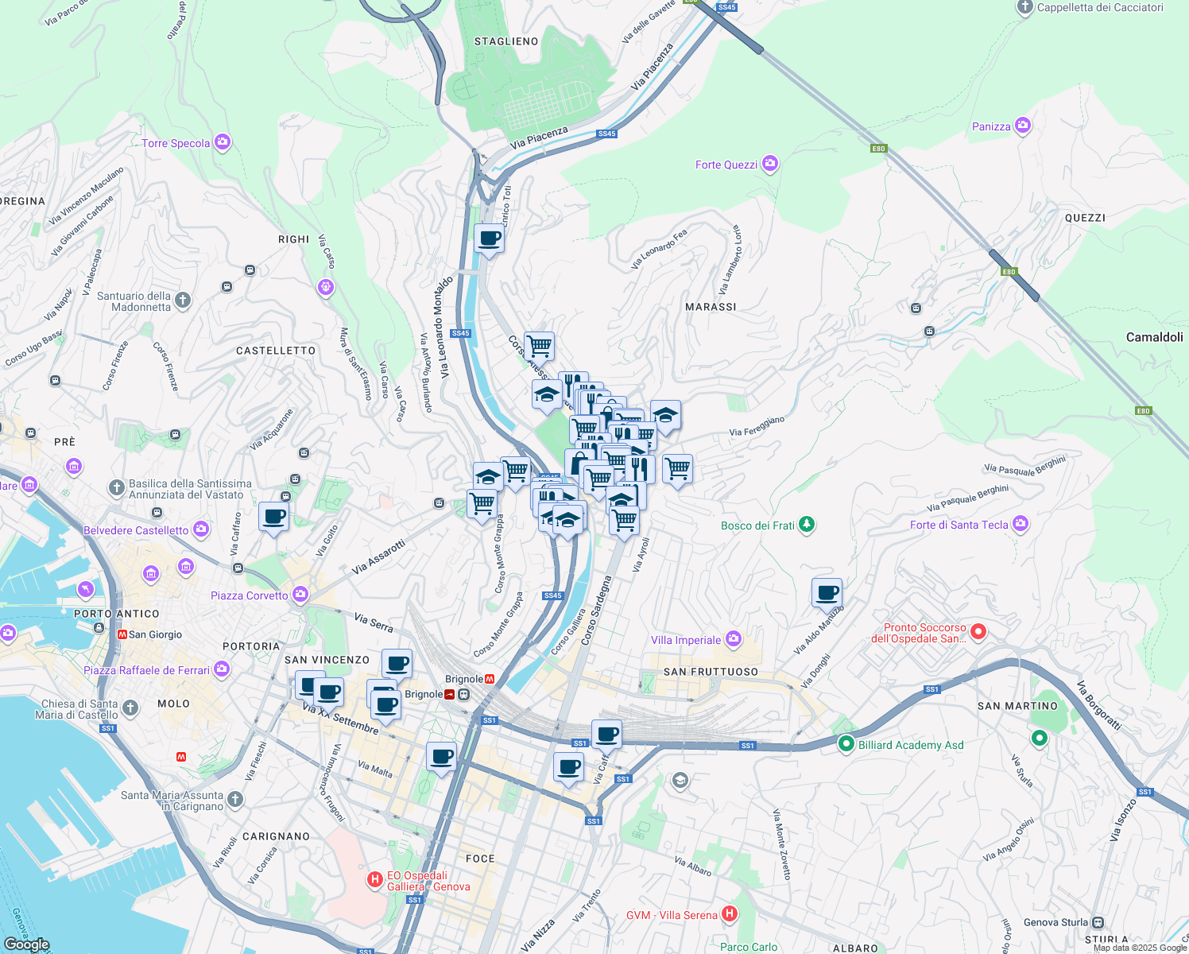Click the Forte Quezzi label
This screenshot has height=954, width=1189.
click(726, 165)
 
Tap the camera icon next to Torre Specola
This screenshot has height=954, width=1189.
click(223, 142)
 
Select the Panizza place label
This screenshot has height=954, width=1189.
click(991, 126)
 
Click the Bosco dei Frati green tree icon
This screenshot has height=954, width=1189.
click(807, 524)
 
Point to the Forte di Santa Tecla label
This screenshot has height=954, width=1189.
click(959, 525)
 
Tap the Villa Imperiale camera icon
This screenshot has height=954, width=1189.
click(734, 638)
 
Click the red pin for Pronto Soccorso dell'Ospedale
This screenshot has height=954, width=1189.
click(978, 632)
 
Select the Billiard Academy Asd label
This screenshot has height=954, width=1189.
click(911, 745)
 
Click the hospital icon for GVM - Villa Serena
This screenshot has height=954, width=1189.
click(729, 914)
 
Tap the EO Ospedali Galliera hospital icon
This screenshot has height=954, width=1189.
click(374, 879)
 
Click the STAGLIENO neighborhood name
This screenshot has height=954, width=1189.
click(506, 41)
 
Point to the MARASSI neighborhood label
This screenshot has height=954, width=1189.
click(711, 307)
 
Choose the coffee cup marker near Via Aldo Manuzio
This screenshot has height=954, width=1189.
click(827, 592)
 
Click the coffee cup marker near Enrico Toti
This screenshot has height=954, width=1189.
click(489, 238)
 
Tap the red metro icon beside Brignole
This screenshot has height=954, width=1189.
click(490, 679)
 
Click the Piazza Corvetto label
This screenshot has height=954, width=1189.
click(249, 595)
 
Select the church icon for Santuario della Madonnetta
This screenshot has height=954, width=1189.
click(183, 300)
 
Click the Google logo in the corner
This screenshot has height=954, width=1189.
click(26, 944)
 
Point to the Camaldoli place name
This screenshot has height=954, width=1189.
click(1154, 337)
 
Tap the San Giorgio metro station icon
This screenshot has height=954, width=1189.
click(122, 634)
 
